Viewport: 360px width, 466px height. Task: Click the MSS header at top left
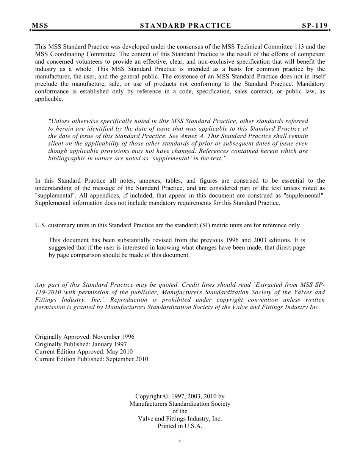[x=40, y=26]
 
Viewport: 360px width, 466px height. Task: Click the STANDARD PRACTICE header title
[x=185, y=26]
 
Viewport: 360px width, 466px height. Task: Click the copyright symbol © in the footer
[x=166, y=397]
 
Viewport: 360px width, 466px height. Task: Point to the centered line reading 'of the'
[x=180, y=411]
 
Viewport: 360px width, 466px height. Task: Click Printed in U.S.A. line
[x=180, y=426]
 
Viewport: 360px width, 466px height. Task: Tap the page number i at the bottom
[x=180, y=441]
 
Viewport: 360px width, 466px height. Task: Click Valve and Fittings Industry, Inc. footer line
[x=180, y=419]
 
